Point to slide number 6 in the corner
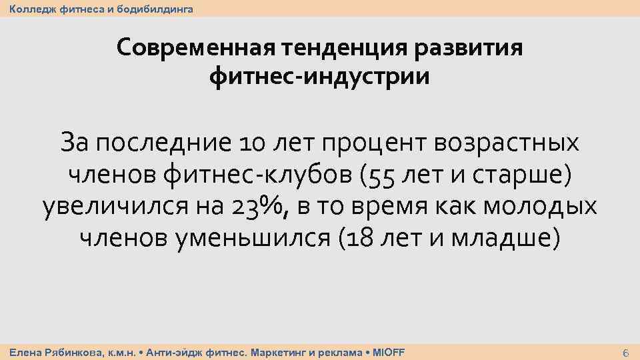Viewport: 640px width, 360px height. click(x=625, y=352)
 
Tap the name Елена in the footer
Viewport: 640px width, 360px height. click(x=24, y=352)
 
